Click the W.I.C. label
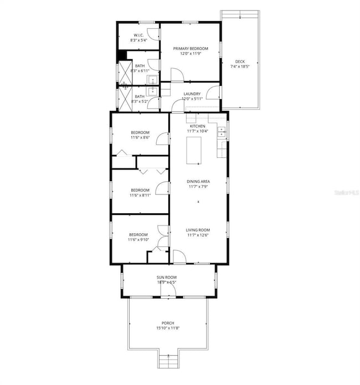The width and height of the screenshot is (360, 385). [x=138, y=35]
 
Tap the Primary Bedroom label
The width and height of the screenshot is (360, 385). [x=190, y=49]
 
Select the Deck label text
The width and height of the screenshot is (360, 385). [x=239, y=61]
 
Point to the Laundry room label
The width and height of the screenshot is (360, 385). [x=193, y=94]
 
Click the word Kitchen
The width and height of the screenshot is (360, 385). [x=197, y=126]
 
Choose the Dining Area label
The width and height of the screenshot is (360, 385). [x=197, y=181]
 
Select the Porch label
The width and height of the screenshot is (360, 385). [x=168, y=323]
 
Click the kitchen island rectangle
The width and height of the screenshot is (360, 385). [x=193, y=150]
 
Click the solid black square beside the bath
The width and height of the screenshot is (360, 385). [x=122, y=55]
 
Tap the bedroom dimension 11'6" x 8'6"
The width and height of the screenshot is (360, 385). [x=140, y=137]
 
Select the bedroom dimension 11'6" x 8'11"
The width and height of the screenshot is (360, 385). [x=140, y=194]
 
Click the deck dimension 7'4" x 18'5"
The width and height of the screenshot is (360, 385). [x=240, y=66]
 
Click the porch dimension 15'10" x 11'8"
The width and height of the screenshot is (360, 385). [x=168, y=328]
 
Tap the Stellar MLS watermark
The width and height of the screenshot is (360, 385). [x=346, y=193]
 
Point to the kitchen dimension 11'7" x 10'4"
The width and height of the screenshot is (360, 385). [x=197, y=131]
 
